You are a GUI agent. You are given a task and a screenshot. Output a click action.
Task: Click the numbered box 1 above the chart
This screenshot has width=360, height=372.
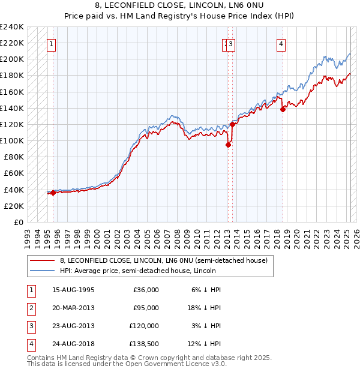51,43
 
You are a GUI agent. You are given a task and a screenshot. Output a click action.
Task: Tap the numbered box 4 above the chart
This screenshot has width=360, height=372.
281,43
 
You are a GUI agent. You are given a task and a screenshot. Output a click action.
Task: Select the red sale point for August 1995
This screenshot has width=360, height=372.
53,193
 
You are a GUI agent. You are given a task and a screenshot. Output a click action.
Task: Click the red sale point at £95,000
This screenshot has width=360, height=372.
228,145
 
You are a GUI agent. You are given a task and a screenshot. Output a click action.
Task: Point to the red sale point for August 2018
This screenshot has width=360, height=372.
283,109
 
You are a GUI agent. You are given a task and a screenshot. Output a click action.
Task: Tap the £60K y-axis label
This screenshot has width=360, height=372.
15,173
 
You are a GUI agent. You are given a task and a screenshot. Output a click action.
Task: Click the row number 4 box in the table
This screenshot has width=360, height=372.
31,344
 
